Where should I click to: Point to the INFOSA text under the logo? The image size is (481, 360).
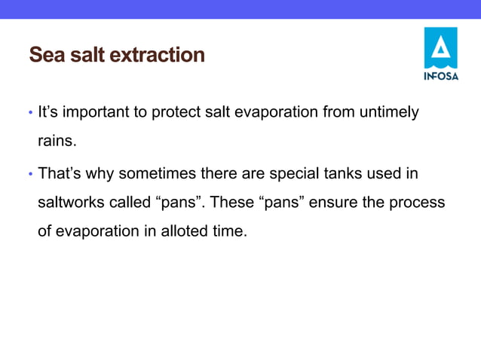(440, 76)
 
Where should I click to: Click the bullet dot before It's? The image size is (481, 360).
(30, 114)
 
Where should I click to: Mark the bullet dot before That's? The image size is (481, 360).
(30, 175)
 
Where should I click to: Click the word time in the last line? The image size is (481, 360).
(229, 232)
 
